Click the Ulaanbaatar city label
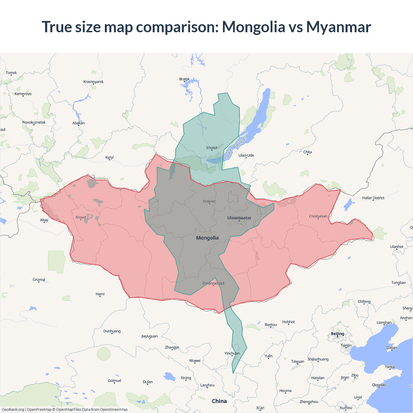[x=239, y=218]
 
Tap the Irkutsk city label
[x=212, y=148]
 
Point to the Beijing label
[x=337, y=334]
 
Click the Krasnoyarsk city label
[x=93, y=82]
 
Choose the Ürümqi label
[x=39, y=279]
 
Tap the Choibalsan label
[x=318, y=216]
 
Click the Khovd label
[x=81, y=217]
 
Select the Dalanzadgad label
[x=213, y=283]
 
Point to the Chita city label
[x=307, y=152]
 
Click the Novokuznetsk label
[x=34, y=122]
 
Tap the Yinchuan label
[x=232, y=353]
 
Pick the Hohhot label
[x=288, y=322]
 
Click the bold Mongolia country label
[x=207, y=238]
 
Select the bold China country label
[x=219, y=401]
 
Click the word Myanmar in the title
[x=338, y=27]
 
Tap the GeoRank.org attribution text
[x=13, y=409]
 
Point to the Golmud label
[x=114, y=381]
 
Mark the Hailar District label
[x=373, y=198]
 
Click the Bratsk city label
[x=184, y=79]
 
